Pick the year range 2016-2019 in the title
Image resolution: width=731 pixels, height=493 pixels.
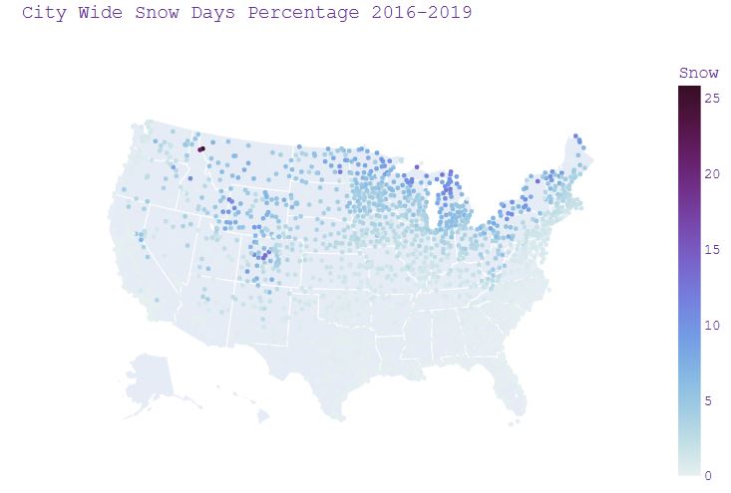[x=422, y=14]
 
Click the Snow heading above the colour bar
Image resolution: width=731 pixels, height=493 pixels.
[x=698, y=73]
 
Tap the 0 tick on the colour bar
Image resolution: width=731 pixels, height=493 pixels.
[x=708, y=475]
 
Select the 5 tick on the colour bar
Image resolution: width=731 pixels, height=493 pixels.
[x=708, y=400]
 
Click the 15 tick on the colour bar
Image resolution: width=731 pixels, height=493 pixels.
[x=711, y=249]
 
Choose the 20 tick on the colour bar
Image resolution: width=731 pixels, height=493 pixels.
[x=711, y=174]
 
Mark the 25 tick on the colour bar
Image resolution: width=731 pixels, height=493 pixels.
[x=711, y=99]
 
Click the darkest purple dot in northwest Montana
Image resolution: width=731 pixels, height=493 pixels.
[x=200, y=149]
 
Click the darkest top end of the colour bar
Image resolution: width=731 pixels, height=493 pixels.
[x=688, y=91]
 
